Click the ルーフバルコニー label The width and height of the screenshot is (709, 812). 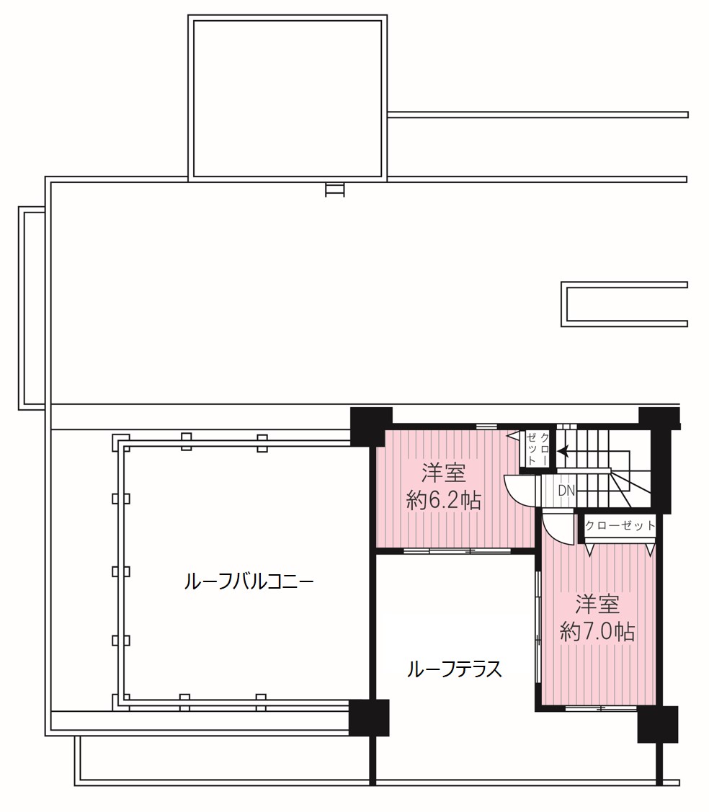(x=249, y=582)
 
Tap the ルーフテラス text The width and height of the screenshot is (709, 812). (x=454, y=669)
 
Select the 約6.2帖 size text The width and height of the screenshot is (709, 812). (x=443, y=501)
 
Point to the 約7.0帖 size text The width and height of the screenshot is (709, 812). (x=597, y=631)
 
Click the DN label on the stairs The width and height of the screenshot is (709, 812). (x=566, y=490)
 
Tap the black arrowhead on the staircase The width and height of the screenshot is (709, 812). (x=563, y=452)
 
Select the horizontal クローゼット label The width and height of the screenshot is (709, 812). (x=620, y=526)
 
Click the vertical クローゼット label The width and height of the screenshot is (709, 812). (x=538, y=448)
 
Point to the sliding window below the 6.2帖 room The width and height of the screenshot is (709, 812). (x=458, y=550)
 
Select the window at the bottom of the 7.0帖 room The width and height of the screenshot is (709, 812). (x=601, y=708)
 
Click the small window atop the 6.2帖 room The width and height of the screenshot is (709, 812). (x=486, y=427)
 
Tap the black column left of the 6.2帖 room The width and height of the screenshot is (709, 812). (x=371, y=427)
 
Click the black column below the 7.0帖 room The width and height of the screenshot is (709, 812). (x=658, y=725)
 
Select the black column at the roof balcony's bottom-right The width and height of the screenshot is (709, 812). (x=369, y=718)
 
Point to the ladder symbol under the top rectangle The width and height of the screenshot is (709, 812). (x=334, y=189)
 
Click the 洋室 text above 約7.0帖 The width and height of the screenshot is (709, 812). (x=597, y=604)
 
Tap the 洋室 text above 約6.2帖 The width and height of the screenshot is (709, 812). (x=443, y=473)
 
